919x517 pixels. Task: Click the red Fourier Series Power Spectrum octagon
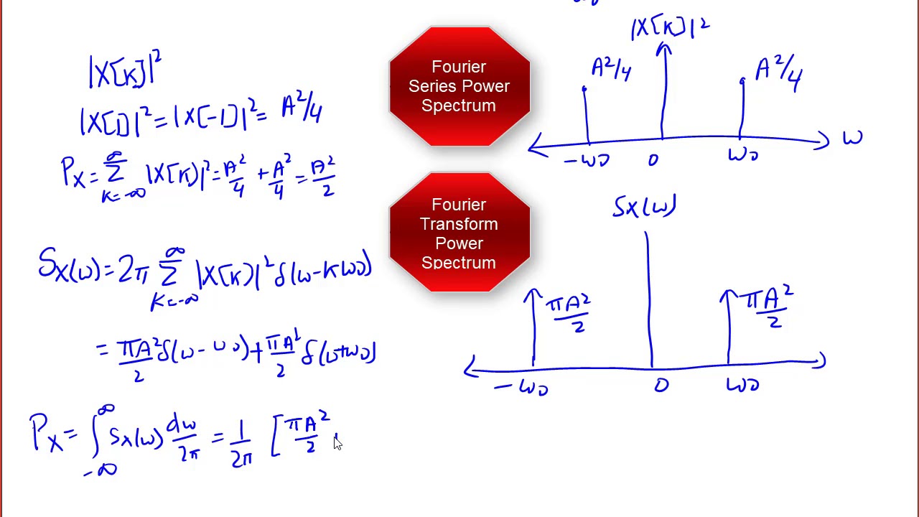click(459, 86)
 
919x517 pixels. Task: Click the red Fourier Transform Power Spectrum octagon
click(459, 232)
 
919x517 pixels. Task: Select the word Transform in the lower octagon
click(459, 224)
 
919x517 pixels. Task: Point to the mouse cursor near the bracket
click(337, 443)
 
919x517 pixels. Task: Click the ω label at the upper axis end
click(852, 138)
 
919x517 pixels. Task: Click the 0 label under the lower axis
click(661, 386)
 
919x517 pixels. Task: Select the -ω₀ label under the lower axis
click(522, 388)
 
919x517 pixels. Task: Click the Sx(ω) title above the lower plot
click(644, 207)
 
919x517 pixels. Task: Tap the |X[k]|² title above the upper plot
click(670, 27)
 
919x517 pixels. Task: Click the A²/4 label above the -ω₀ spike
click(611, 69)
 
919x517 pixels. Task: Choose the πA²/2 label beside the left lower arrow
click(569, 312)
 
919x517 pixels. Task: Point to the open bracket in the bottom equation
click(276, 437)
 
